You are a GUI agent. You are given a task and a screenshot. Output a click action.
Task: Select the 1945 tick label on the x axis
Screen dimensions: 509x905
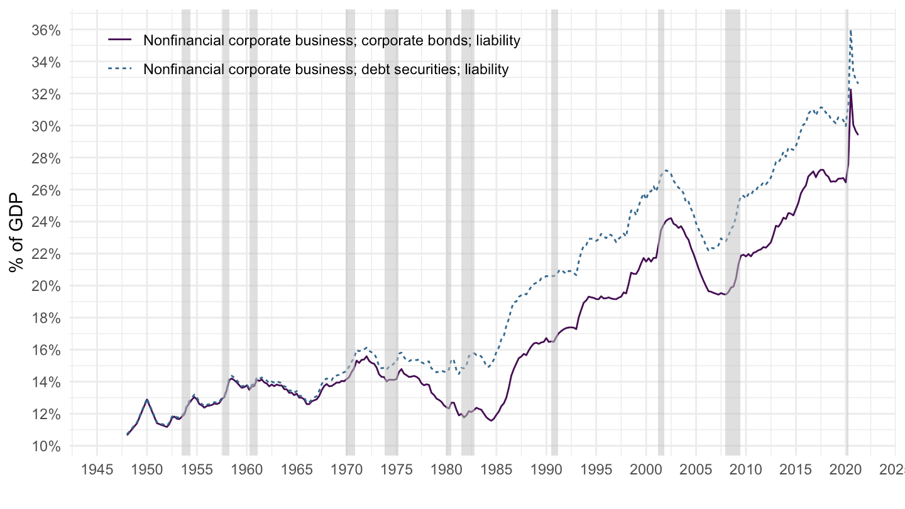point(97,469)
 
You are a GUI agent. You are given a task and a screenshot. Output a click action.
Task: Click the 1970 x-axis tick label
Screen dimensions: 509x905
point(346,469)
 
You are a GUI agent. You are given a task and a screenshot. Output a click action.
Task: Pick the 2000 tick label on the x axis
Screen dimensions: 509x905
point(646,469)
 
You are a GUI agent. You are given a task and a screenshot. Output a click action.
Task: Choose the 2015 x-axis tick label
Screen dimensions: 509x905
point(796,469)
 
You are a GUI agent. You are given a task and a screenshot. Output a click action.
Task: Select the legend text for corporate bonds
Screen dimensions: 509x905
point(332,41)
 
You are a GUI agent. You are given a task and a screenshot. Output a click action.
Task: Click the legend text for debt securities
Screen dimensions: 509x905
point(326,69)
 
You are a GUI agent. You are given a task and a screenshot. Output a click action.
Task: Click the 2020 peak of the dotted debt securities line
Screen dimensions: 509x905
point(850,30)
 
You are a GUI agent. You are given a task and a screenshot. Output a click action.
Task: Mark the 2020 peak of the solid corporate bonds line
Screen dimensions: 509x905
point(851,90)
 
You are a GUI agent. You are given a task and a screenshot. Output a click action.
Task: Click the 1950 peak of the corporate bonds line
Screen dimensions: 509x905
point(147,400)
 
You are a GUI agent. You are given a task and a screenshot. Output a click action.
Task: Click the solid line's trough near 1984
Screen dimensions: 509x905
point(491,420)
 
